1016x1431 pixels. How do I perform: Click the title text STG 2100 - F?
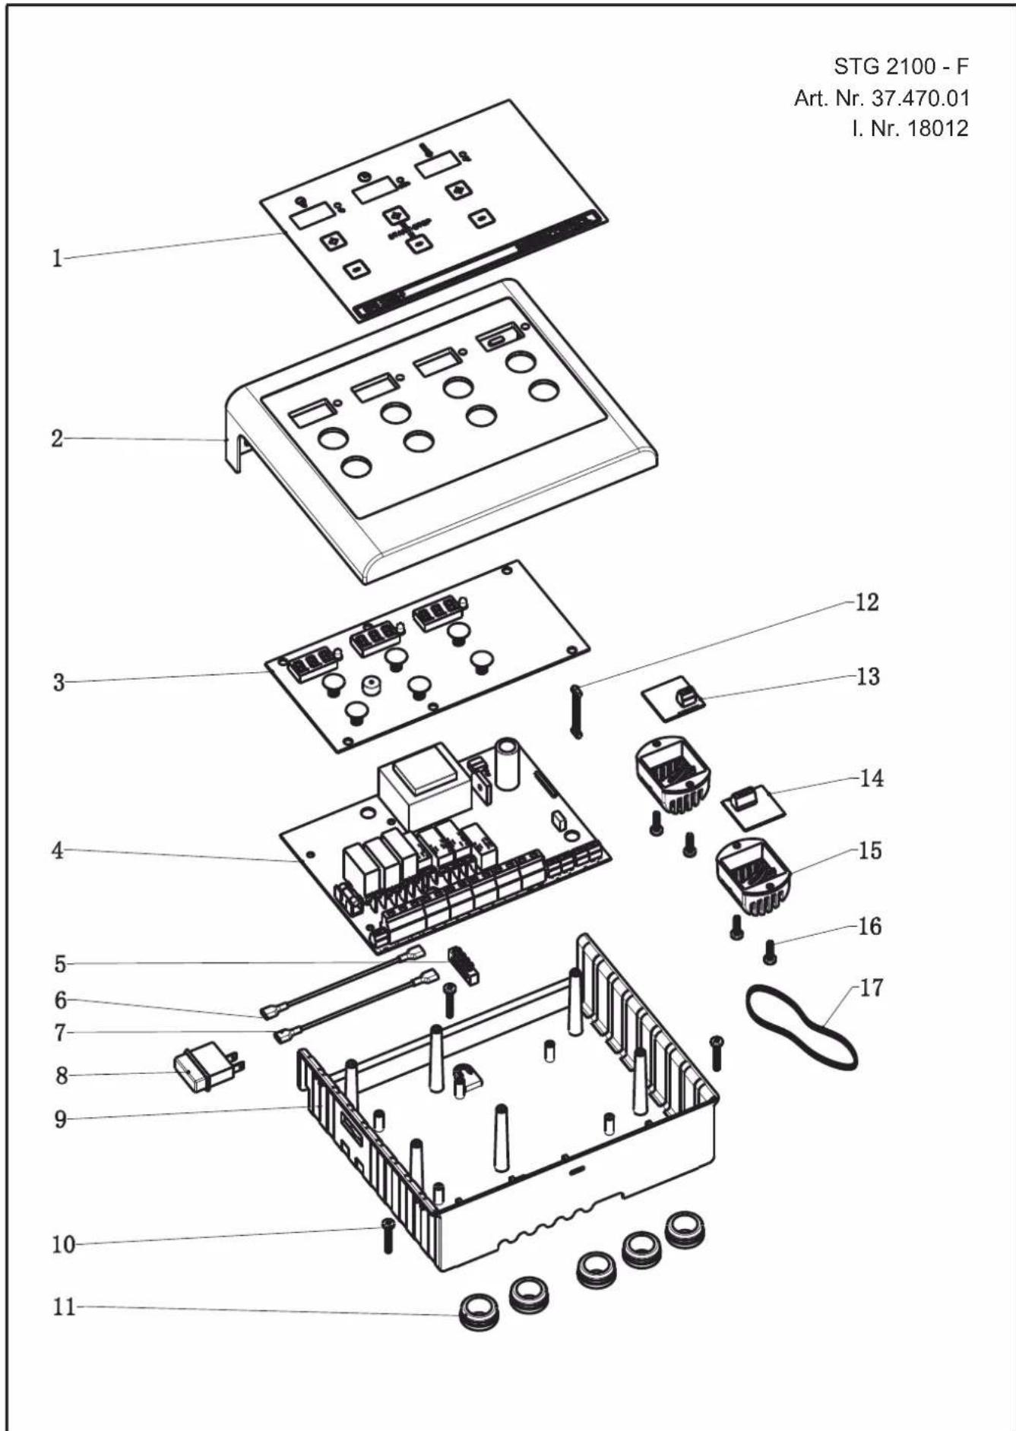pos(901,67)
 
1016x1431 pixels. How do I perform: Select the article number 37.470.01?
pos(881,98)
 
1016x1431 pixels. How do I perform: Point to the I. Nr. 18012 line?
pos(910,128)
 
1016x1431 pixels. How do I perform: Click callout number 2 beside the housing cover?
pos(57,438)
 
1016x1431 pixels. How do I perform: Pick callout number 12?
pos(866,602)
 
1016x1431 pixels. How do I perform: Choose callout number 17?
pos(872,987)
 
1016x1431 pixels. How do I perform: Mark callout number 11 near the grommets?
pos(64,1307)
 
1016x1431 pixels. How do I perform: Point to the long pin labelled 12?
pos(574,711)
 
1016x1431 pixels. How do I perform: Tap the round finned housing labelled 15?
pos(752,880)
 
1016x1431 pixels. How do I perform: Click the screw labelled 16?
pos(769,951)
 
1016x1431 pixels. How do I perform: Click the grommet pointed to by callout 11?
pos(480,1312)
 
